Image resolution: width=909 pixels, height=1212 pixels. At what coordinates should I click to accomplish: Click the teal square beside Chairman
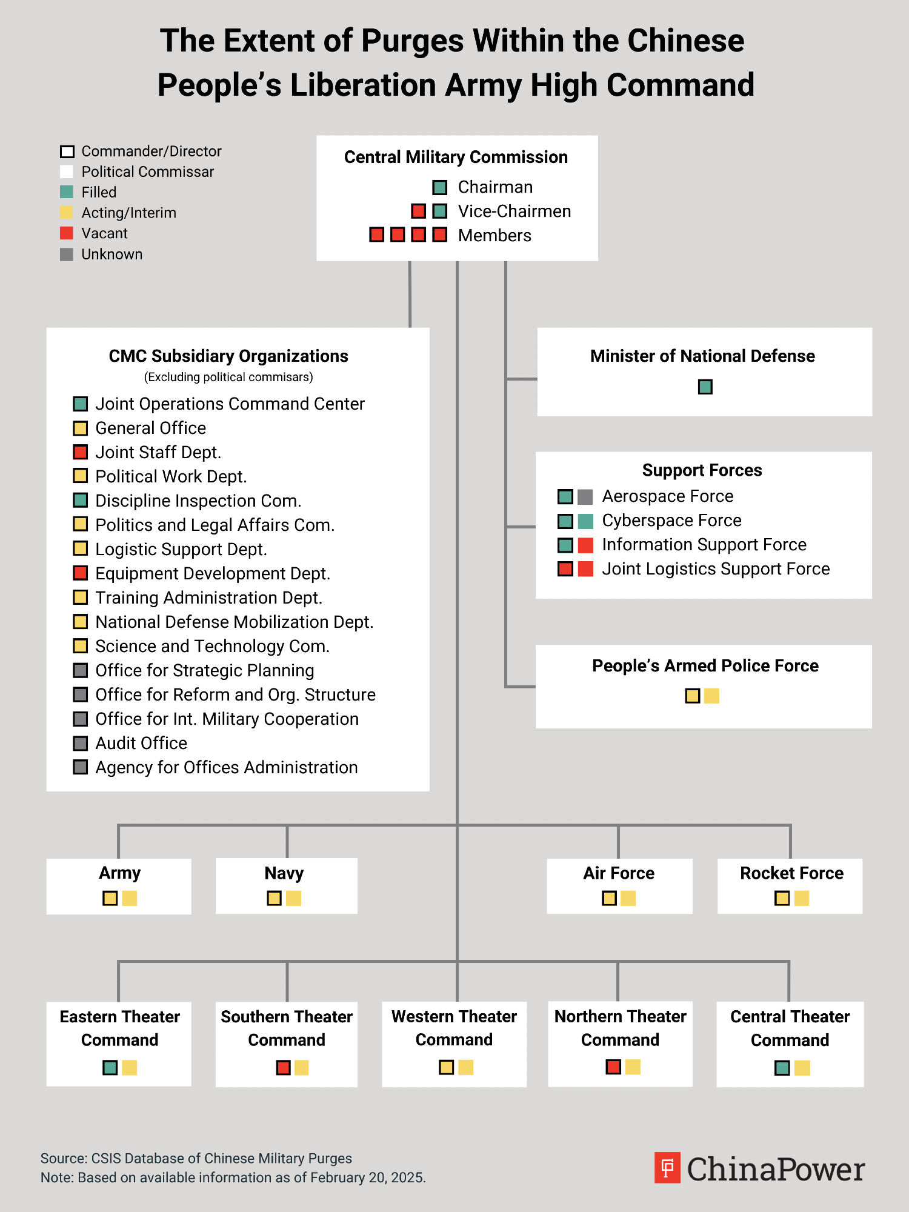coord(440,187)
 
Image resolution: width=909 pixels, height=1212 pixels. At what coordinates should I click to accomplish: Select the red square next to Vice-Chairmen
coord(418,211)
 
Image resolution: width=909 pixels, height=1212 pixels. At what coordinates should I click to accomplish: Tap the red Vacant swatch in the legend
coord(67,233)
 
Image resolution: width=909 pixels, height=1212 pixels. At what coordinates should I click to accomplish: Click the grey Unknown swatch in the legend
coord(67,254)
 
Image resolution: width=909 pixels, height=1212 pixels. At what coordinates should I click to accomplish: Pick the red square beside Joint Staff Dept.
coord(80,452)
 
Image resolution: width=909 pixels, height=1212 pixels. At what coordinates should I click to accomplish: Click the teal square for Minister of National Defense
coord(705,387)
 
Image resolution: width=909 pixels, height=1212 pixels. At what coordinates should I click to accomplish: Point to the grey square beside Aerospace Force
coord(585,497)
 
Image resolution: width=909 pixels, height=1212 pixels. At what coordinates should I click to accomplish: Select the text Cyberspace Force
coord(671,521)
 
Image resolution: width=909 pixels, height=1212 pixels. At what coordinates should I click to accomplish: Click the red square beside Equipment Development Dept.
coord(80,573)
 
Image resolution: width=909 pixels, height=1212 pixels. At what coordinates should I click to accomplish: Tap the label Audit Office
coord(141,743)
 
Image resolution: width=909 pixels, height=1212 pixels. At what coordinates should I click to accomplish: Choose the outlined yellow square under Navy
coord(274,898)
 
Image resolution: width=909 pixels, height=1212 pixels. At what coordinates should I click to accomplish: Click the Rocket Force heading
coord(791,873)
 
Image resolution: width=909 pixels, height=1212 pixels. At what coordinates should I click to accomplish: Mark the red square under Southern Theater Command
coord(283,1067)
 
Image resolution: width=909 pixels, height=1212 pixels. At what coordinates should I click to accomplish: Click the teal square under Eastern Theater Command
coord(110,1067)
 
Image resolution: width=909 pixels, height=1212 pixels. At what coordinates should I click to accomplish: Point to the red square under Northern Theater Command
coord(613,1067)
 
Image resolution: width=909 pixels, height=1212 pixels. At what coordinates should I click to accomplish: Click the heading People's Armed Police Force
coord(705,666)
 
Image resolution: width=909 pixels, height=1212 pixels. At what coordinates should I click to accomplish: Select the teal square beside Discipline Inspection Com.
coord(80,501)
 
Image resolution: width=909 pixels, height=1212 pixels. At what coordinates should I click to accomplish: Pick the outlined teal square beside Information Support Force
coord(565,545)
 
